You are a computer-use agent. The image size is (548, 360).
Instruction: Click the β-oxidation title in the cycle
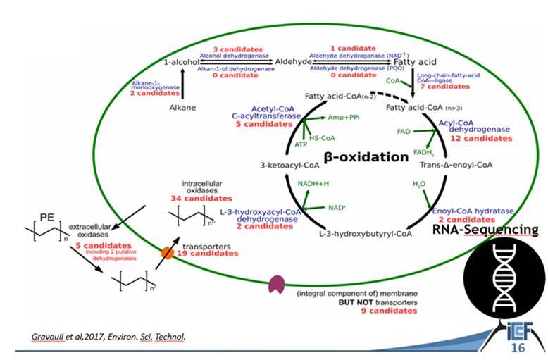point(366,156)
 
